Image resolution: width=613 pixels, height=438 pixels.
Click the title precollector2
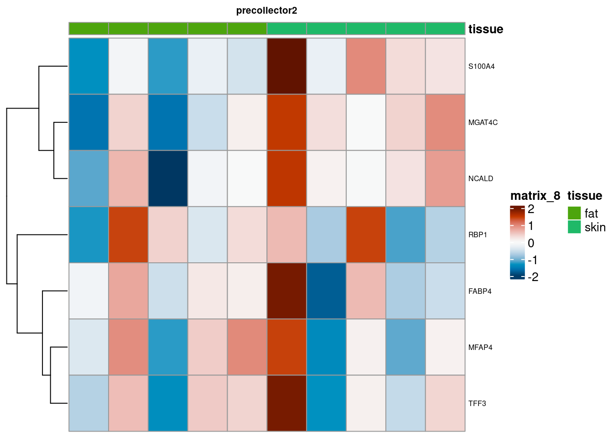pos(266,10)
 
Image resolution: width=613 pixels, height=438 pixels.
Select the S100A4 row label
pos(481,67)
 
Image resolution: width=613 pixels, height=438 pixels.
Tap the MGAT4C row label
pos(483,123)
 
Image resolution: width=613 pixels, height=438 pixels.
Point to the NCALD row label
pos(480,179)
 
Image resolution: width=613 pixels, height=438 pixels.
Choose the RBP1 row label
pos(478,235)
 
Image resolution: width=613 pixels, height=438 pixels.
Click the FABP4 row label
pos(480,291)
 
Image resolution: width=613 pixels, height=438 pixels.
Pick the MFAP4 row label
pos(480,347)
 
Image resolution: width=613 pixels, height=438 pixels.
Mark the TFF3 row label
pos(477,403)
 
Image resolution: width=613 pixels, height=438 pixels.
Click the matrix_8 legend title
pos(535,196)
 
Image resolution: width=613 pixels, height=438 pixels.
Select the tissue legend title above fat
pos(585,196)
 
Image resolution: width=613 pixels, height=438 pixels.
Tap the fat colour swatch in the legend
pos(574,213)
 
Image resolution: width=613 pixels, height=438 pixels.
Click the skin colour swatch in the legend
pos(574,227)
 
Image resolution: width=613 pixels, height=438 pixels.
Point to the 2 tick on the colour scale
pos(531,209)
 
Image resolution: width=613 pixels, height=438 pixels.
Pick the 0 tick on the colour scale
pos(531,243)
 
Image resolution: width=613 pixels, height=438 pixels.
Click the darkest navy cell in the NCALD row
pos(168,179)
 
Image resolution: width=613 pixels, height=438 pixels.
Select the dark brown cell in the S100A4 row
pos(286,67)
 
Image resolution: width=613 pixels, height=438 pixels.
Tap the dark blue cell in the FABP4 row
pos(326,291)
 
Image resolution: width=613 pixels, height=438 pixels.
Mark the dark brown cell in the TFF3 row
pos(286,403)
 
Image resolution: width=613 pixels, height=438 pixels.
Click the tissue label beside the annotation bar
pos(486,29)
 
